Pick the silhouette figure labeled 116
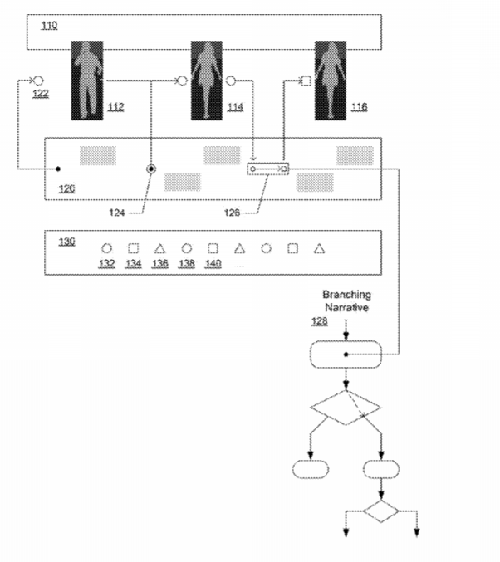pos(331,80)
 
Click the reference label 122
pos(41,94)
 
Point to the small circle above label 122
pos(38,81)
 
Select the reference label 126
pos(232,213)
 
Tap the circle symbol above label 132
pos(106,248)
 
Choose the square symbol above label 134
pos(133,248)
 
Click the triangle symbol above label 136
pos(159,248)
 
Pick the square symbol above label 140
pos(213,248)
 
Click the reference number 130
pos(66,241)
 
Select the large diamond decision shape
pos(346,407)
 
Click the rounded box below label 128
pos(346,354)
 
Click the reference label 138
pos(186,263)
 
